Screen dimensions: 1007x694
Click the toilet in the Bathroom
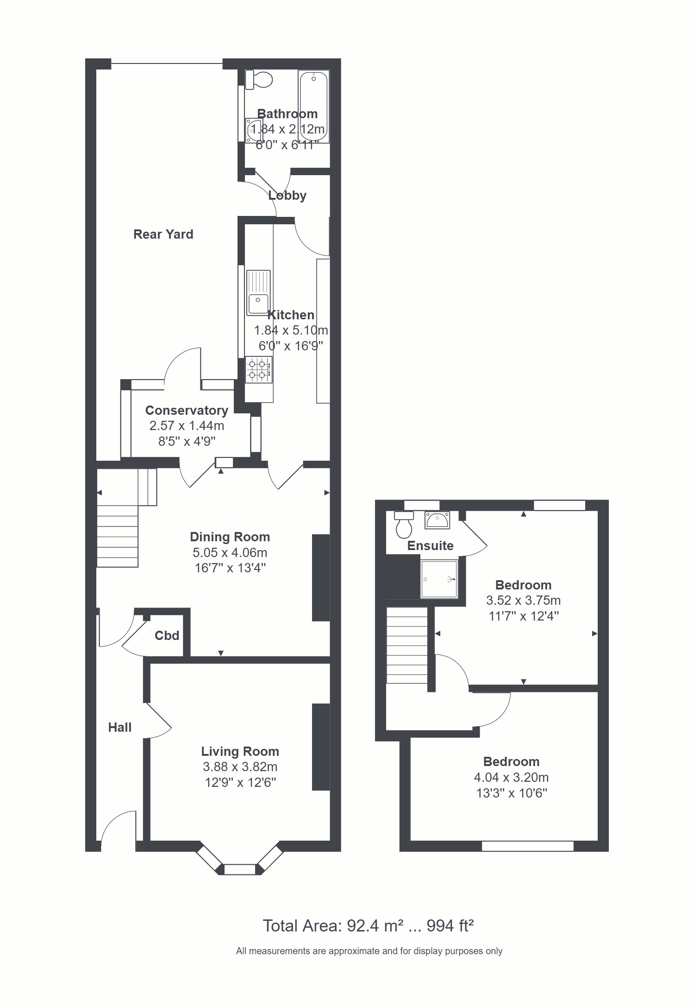259,80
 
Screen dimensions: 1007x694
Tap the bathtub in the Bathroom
314,107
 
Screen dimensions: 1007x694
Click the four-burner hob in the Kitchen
258,369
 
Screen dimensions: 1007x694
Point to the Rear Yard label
163,234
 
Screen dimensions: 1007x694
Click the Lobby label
287,196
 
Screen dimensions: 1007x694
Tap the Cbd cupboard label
167,635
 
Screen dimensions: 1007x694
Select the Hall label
120,728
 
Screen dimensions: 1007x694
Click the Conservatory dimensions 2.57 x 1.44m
187,425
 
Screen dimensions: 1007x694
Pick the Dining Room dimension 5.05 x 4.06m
230,552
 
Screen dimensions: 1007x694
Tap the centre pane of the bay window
240,869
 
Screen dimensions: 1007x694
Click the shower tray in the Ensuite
438,579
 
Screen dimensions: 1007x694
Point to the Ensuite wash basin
437,520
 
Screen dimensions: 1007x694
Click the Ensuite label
430,546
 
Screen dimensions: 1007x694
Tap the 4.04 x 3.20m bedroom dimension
511,777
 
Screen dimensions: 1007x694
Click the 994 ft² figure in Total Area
450,926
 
